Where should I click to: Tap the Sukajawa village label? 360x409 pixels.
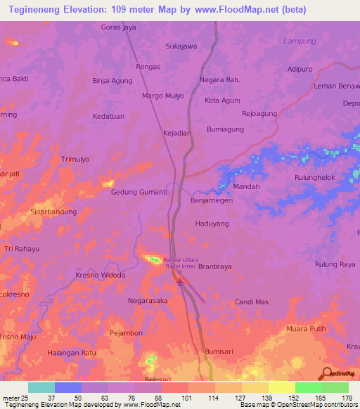click(x=181, y=46)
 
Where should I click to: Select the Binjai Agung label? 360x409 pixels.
click(x=112, y=81)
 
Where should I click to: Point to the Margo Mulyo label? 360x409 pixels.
click(x=162, y=96)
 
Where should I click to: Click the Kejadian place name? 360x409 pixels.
click(x=176, y=133)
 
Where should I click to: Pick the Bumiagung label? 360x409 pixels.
click(x=225, y=129)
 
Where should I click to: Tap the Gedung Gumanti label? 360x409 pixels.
click(x=139, y=192)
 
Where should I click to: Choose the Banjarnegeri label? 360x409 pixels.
click(x=212, y=200)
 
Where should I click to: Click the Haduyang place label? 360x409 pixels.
click(x=212, y=223)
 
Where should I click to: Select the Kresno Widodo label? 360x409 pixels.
click(x=100, y=275)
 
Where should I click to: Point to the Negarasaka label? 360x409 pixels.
click(x=148, y=301)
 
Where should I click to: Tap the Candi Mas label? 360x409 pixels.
click(x=252, y=301)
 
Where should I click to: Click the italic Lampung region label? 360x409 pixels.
click(x=300, y=41)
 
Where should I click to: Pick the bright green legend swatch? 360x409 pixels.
click(x=309, y=387)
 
